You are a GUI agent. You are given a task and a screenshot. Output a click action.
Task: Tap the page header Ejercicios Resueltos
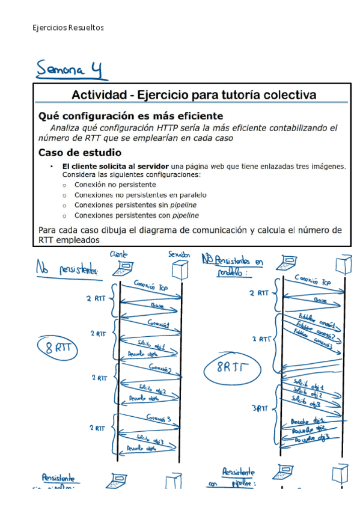[68, 28]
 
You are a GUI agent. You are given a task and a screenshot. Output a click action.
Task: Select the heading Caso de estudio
[79, 152]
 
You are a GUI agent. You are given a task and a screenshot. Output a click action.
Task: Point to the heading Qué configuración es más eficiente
[130, 115]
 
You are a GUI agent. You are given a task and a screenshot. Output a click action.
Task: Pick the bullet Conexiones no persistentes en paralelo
[140, 195]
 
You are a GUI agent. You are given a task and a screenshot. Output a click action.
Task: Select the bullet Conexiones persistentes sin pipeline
[135, 205]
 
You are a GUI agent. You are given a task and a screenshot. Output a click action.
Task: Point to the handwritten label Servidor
[179, 255]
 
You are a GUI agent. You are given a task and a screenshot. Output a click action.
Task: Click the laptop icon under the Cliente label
[127, 268]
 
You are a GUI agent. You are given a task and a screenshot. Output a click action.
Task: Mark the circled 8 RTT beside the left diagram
[55, 347]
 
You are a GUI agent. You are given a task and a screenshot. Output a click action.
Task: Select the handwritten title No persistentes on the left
[67, 268]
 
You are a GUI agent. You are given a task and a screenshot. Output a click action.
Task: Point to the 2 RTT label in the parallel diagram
[258, 293]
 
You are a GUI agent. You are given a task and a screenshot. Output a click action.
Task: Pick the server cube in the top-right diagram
[343, 263]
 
